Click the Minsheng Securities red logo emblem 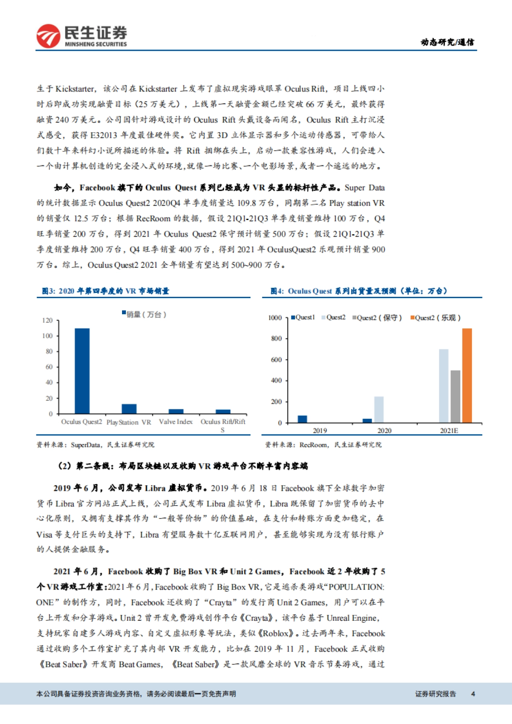tap(48, 36)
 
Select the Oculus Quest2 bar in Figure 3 tap(82, 371)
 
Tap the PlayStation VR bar tap(129, 409)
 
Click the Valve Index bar tap(176, 411)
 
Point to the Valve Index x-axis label tap(176, 422)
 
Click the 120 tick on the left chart tap(47, 320)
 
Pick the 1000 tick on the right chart tap(275, 318)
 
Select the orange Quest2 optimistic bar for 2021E tap(467, 375)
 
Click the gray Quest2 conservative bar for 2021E tap(455, 397)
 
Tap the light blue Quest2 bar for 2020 tap(378, 409)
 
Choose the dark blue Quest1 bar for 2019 tap(302, 419)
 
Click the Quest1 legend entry tap(303, 317)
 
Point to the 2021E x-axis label tap(449, 431)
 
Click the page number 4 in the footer tap(473, 694)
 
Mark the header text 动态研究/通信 tap(447, 42)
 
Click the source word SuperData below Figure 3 tap(85, 445)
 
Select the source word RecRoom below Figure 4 tap(313, 445)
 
